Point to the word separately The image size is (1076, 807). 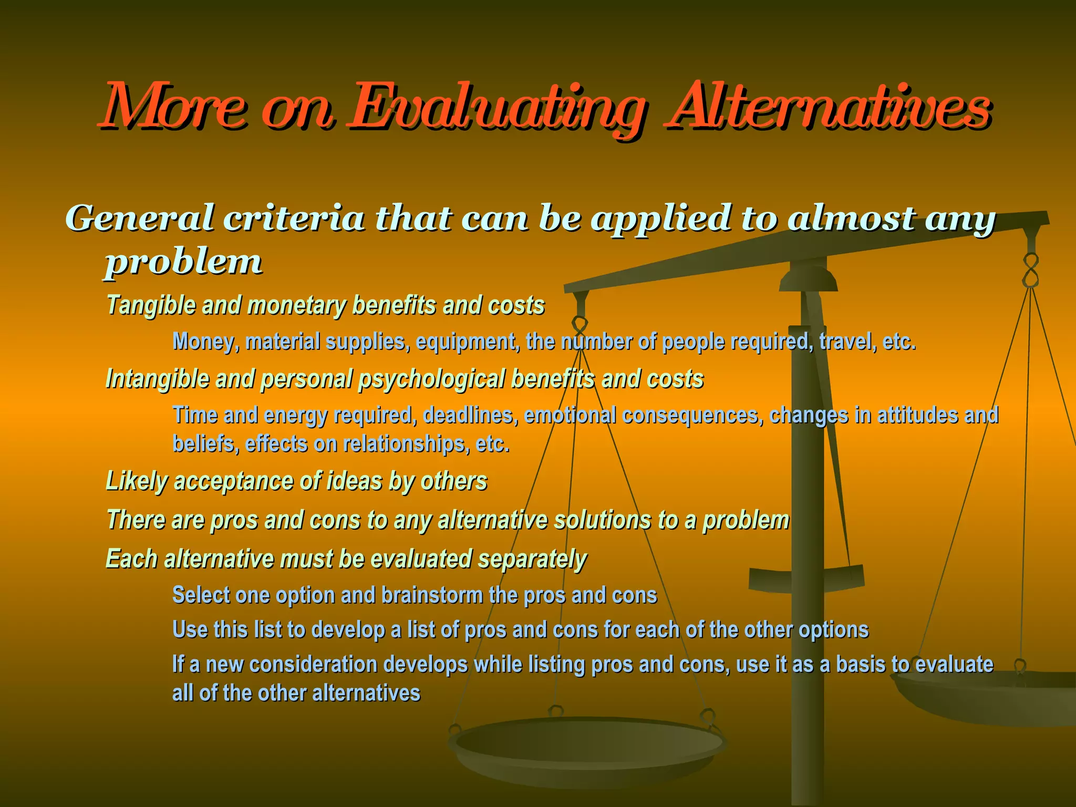[532, 559]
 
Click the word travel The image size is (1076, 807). [845, 342]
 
